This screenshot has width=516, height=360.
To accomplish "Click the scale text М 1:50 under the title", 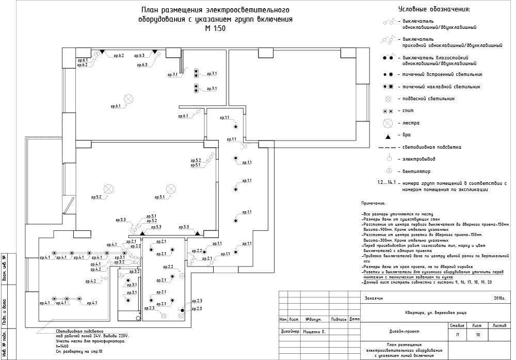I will [x=215, y=29].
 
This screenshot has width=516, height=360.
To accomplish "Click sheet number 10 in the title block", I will [x=478, y=335].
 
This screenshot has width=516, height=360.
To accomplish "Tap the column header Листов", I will [x=499, y=326].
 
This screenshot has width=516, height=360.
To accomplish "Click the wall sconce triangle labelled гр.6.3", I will [x=154, y=52].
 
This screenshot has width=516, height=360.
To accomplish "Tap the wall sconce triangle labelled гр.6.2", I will [x=102, y=52].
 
